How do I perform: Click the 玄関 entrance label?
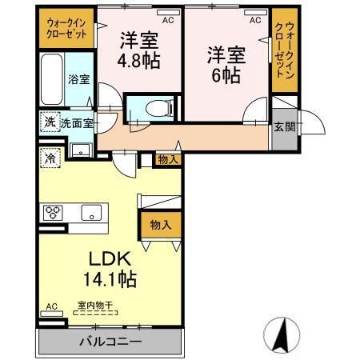click(x=283, y=126)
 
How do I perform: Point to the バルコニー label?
click(x=110, y=342)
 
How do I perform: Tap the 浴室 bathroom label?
click(x=78, y=80)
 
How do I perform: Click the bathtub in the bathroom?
click(x=51, y=80)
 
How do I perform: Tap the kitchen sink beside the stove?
click(x=90, y=213)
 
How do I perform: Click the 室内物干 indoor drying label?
click(x=94, y=304)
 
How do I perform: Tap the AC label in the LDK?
click(x=51, y=306)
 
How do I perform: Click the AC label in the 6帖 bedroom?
click(x=255, y=21)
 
